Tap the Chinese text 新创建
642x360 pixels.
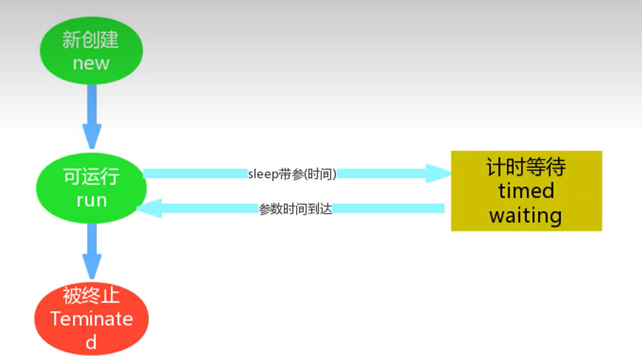(91, 40)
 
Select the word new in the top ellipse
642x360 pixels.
(91, 64)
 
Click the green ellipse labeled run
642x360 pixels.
(91, 188)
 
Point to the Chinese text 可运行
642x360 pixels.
(91, 177)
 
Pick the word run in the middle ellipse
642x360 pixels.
(91, 199)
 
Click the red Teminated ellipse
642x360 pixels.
(91, 318)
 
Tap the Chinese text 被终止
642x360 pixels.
(91, 296)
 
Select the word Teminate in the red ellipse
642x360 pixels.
(91, 318)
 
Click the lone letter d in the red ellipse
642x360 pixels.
(91, 342)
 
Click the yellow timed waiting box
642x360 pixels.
(526, 191)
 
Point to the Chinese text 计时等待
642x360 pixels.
(526, 167)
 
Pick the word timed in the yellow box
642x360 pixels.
(526, 191)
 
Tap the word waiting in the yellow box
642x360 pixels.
(526, 216)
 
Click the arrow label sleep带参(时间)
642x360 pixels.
(292, 174)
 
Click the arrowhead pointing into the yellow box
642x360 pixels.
(441, 174)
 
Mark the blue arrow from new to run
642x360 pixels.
(91, 118)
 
